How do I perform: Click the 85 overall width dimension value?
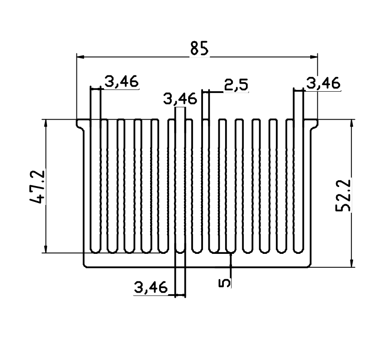pyautogui.click(x=199, y=48)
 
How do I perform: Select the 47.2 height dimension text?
pyautogui.click(x=38, y=187)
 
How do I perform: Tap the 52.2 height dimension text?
pyautogui.click(x=343, y=195)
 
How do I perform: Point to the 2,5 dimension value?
pyautogui.click(x=236, y=85)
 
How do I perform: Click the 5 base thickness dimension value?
pyautogui.click(x=224, y=283)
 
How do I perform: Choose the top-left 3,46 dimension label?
pyautogui.click(x=122, y=81)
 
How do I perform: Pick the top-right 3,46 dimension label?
pyautogui.click(x=323, y=83)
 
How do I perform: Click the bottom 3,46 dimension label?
pyautogui.click(x=151, y=287)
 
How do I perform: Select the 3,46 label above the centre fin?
pyautogui.click(x=180, y=99)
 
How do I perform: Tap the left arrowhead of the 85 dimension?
pyautogui.click(x=80, y=57)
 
